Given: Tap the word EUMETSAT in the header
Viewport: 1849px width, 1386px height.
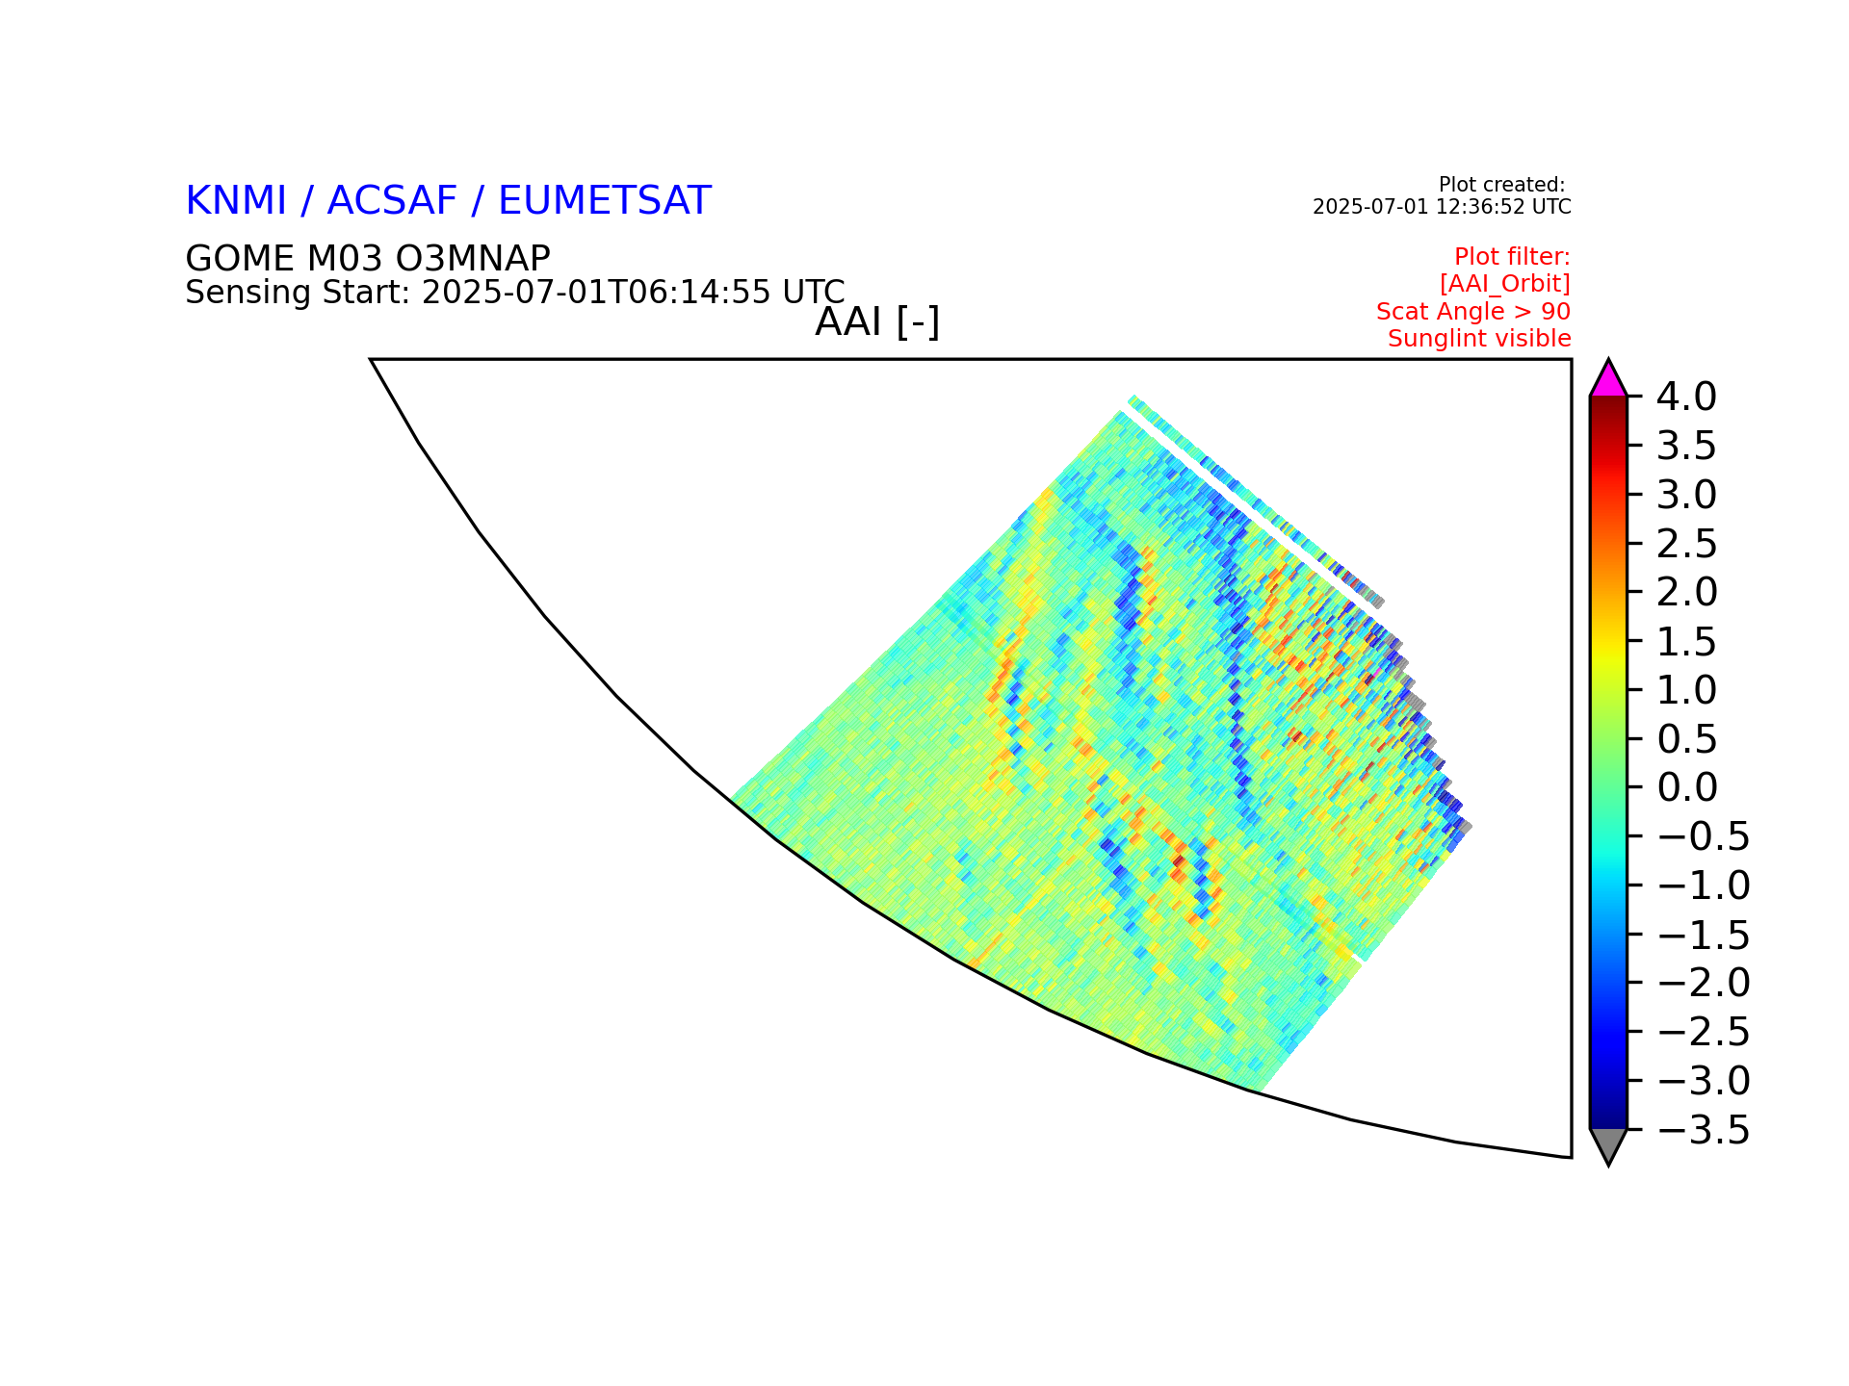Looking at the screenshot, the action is point(605,201).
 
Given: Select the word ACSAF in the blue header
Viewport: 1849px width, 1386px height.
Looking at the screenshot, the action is point(392,201).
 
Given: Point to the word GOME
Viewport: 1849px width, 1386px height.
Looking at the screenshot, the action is point(240,259).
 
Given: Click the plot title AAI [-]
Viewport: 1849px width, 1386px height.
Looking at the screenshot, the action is point(877,321).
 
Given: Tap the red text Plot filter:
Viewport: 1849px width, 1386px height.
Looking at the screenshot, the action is point(1513,257).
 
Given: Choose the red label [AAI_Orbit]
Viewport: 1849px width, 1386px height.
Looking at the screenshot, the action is point(1505,284).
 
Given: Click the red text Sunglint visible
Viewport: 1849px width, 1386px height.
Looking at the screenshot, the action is point(1479,339).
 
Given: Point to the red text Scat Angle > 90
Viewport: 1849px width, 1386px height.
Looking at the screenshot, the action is point(1473,312).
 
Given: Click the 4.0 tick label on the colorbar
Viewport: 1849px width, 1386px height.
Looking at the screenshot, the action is point(1686,396).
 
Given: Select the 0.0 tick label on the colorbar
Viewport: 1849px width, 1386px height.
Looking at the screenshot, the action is point(1686,787).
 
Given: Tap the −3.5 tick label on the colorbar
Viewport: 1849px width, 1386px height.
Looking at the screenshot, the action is point(1704,1130).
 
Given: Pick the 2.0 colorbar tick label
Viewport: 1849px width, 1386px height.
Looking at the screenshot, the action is point(1686,592).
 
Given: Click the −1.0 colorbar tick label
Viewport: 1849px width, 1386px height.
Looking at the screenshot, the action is point(1704,885).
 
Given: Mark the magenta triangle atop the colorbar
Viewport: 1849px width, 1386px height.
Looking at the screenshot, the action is point(1608,381).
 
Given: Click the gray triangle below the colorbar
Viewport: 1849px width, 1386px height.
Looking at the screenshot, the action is point(1608,1143).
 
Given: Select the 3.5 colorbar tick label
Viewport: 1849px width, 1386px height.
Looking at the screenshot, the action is point(1686,446).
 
